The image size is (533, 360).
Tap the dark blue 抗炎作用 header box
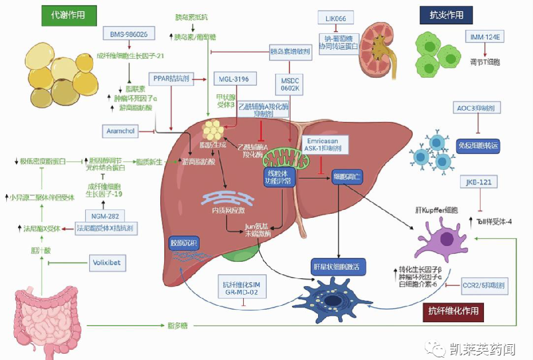click(x=446, y=15)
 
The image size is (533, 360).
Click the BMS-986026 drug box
click(x=129, y=34)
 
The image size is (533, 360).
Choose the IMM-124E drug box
click(x=483, y=37)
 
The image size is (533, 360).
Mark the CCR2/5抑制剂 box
click(x=484, y=286)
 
